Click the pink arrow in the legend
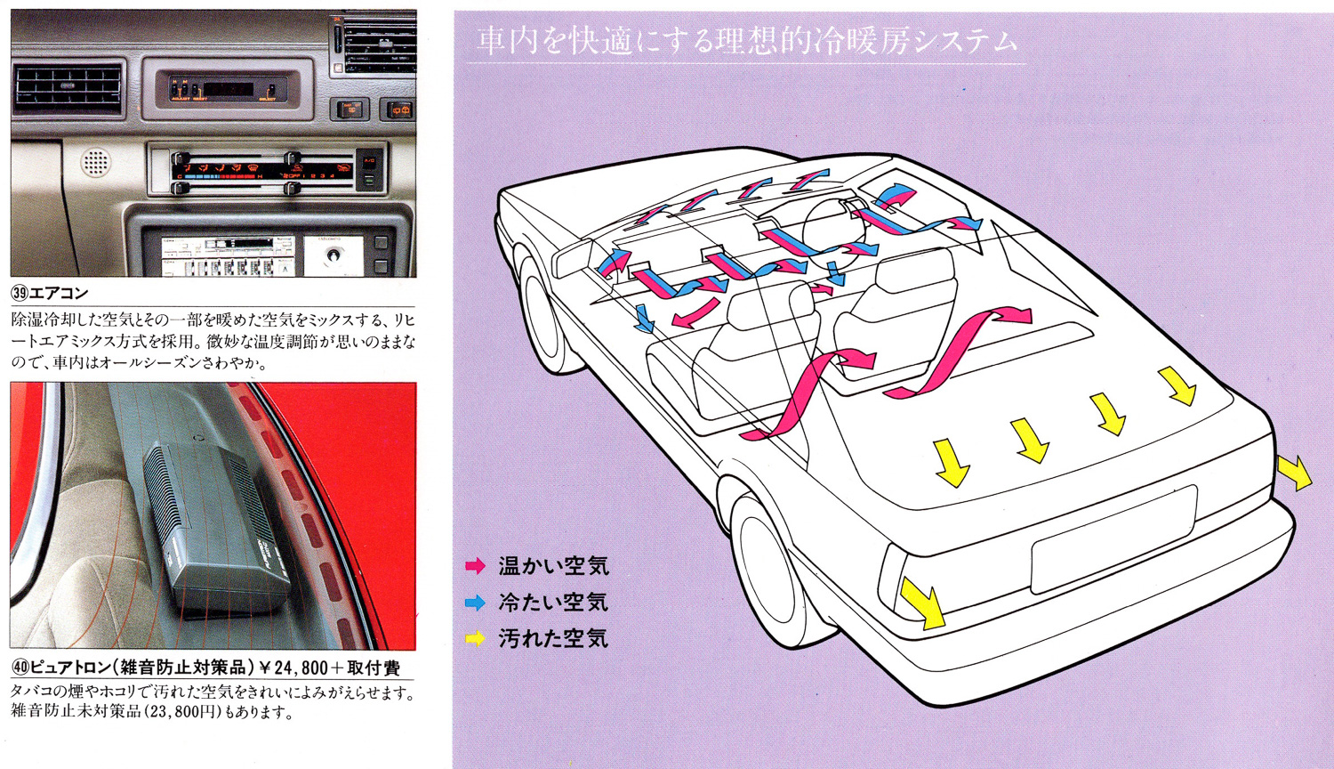(x=476, y=566)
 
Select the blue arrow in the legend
(x=476, y=603)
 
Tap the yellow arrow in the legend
(x=476, y=638)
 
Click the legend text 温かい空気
(x=553, y=566)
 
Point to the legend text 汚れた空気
(x=553, y=638)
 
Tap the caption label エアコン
(x=59, y=293)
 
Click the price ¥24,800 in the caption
(x=294, y=668)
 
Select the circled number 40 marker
(x=20, y=668)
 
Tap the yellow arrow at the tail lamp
(x=923, y=603)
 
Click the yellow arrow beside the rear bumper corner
(x=1295, y=473)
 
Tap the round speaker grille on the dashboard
(x=95, y=163)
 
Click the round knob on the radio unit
(x=333, y=255)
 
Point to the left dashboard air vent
(x=68, y=88)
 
